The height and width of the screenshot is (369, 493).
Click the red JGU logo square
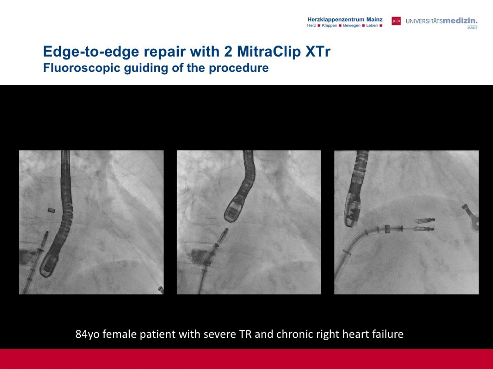pos(396,21)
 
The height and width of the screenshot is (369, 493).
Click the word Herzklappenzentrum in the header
pos(336,20)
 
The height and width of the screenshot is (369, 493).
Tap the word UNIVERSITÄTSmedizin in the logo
pos(442,21)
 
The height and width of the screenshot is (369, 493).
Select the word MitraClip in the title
pos(269,52)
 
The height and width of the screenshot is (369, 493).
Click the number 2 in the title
pos(228,52)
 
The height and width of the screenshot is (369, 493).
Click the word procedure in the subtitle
pos(239,68)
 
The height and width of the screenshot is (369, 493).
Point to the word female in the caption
pos(120,334)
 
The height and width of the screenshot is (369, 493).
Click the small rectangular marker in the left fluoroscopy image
pos(51,210)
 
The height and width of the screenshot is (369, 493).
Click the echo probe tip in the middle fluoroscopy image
pos(233,211)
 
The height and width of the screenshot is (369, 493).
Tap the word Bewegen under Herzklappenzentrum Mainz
pos(352,25)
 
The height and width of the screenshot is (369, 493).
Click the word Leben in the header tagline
pos(372,25)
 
